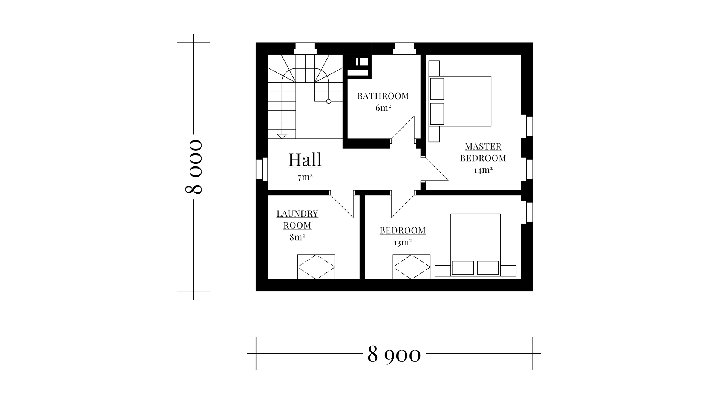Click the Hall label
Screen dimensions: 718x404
[x=305, y=160]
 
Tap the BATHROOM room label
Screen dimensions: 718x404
[x=383, y=96]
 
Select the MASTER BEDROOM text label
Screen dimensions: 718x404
[x=483, y=152]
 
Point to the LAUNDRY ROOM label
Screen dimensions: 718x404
[x=297, y=219]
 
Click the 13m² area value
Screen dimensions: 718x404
[x=403, y=242]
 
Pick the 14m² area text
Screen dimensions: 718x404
[x=483, y=170]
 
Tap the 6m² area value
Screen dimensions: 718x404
[x=383, y=108]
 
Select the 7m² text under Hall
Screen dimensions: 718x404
[x=305, y=178]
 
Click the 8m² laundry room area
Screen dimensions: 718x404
[x=297, y=237]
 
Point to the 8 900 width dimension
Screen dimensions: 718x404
[x=394, y=353]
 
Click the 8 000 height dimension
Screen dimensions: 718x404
[x=194, y=167]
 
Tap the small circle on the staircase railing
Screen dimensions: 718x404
[x=329, y=101]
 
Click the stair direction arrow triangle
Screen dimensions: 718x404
[x=282, y=136]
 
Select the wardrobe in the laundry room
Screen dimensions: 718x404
[x=316, y=267]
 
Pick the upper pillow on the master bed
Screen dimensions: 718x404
[x=437, y=89]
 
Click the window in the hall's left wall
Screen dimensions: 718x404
[x=262, y=169]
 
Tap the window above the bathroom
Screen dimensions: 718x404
[x=405, y=49]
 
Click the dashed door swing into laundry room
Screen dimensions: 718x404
[x=342, y=204]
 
